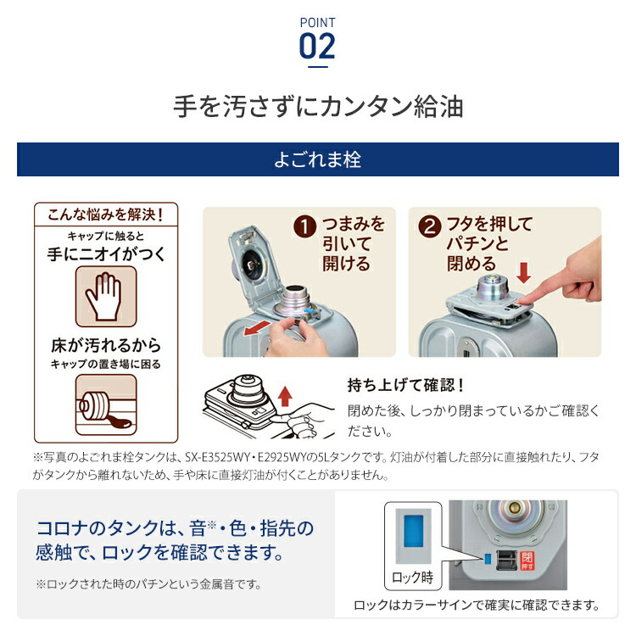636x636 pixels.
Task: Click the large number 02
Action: [x=317, y=46]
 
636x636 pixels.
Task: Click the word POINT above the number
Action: [x=317, y=22]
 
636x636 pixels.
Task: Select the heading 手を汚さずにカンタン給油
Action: [x=317, y=108]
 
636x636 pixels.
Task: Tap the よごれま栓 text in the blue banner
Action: [x=317, y=159]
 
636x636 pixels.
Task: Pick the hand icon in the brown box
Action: [x=106, y=298]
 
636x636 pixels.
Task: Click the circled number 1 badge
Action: [x=305, y=227]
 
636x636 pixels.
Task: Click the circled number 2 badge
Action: [x=432, y=226]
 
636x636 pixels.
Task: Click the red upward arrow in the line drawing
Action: [x=285, y=394]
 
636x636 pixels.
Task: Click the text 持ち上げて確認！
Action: [x=406, y=385]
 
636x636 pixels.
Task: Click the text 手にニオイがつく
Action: [x=106, y=253]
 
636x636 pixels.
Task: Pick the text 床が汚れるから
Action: [x=106, y=346]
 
